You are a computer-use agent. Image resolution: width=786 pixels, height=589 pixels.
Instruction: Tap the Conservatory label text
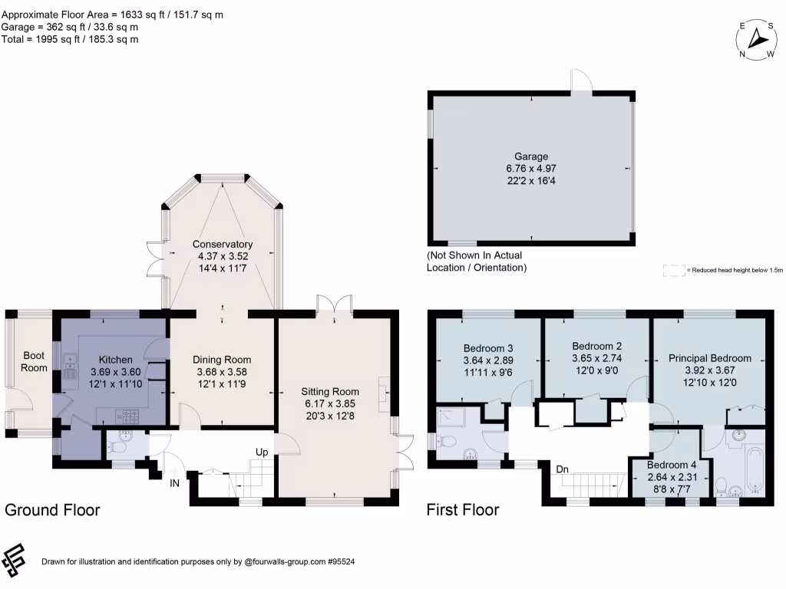(223, 244)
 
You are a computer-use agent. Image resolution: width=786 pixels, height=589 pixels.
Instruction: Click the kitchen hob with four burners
(127, 416)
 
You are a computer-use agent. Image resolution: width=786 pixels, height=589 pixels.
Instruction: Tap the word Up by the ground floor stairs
(262, 452)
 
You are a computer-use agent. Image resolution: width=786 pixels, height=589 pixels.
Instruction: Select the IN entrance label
(174, 484)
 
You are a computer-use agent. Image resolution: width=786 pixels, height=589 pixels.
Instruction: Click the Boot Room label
(34, 361)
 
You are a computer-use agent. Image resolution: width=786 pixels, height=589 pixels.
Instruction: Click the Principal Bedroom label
(709, 358)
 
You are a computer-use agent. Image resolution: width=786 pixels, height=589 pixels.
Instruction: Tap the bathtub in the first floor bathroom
(751, 465)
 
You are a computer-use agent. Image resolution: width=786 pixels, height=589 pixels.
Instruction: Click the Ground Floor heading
(52, 510)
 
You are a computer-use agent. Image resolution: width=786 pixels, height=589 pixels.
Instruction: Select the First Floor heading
(463, 510)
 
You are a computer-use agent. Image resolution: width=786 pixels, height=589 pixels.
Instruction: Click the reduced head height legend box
(675, 270)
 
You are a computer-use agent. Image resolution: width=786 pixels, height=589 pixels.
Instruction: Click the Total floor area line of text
(71, 39)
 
